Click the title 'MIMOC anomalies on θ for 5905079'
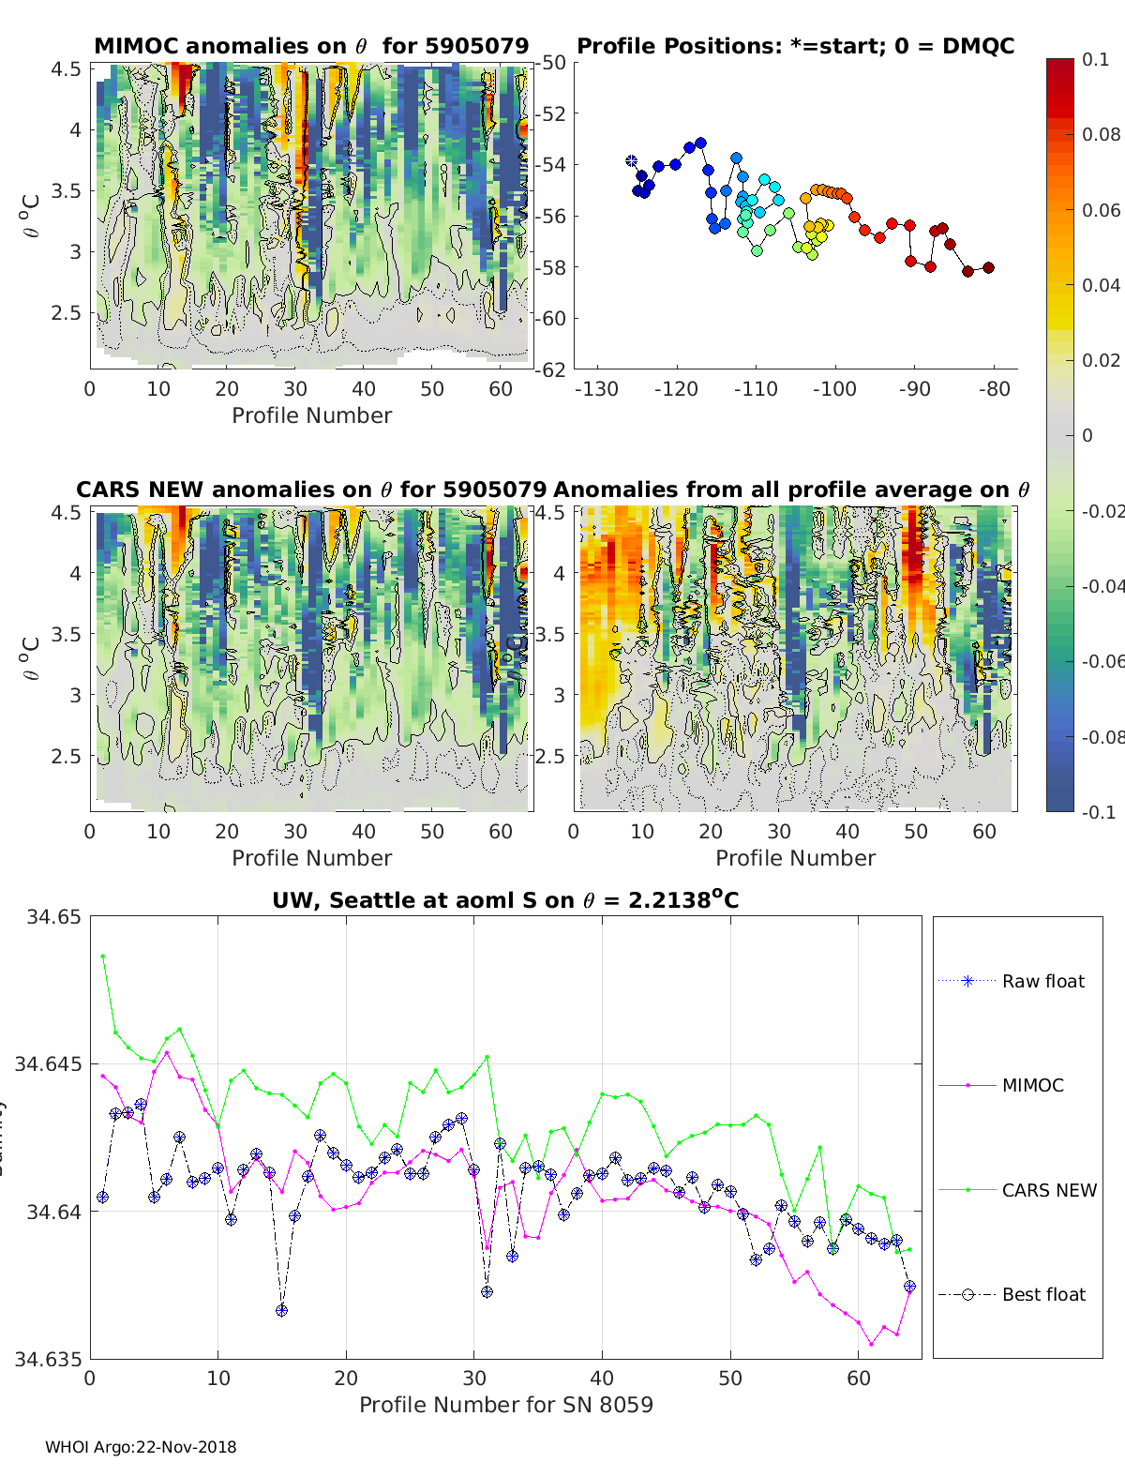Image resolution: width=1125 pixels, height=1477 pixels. point(311,46)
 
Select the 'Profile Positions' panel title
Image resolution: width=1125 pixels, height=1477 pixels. point(795,46)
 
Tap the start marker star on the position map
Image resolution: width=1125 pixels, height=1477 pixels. point(631,161)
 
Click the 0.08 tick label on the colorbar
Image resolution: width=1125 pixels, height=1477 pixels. point(1101,134)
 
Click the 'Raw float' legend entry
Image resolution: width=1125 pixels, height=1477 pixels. point(1042,981)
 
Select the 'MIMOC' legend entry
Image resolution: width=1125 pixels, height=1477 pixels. point(1032,1085)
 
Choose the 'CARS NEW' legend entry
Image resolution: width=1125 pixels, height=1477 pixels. point(1048,1190)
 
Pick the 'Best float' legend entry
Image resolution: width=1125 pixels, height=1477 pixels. point(1043,1294)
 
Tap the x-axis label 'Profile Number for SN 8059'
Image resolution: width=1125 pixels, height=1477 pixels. point(505,1405)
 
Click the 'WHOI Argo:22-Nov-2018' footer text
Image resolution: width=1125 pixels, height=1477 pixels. point(141,1447)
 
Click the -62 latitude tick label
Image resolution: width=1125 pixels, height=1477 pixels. point(552,369)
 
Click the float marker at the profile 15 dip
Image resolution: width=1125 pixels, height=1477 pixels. point(281,1310)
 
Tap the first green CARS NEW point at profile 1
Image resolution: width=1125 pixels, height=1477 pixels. point(102,956)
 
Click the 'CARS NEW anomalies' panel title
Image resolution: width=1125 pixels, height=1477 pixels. point(311,490)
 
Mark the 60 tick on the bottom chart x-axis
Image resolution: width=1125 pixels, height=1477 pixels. point(859,1378)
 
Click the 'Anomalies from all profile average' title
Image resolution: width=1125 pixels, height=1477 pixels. point(791,490)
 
